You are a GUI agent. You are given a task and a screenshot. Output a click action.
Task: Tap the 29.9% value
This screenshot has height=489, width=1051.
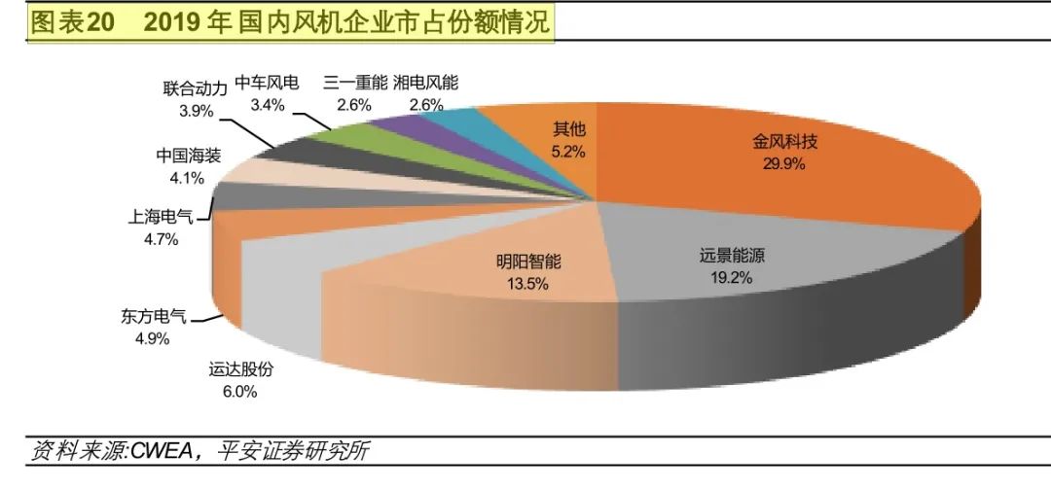pyautogui.click(x=784, y=163)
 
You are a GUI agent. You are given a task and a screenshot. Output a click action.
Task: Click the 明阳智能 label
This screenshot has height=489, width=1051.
pyautogui.click(x=528, y=262)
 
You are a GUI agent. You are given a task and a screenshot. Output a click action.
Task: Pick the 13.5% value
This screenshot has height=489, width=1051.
pyautogui.click(x=528, y=284)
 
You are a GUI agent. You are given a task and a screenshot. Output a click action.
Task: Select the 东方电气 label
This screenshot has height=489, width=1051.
pyautogui.click(x=153, y=317)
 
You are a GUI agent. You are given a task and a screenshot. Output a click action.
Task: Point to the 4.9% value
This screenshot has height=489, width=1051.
pyautogui.click(x=153, y=338)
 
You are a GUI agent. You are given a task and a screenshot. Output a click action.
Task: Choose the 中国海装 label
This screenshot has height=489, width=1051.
pyautogui.click(x=188, y=157)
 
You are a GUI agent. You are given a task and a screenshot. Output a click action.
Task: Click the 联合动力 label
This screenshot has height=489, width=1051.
pyautogui.click(x=196, y=88)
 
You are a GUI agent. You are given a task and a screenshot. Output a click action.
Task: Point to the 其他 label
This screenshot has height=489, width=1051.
pyautogui.click(x=569, y=129)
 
